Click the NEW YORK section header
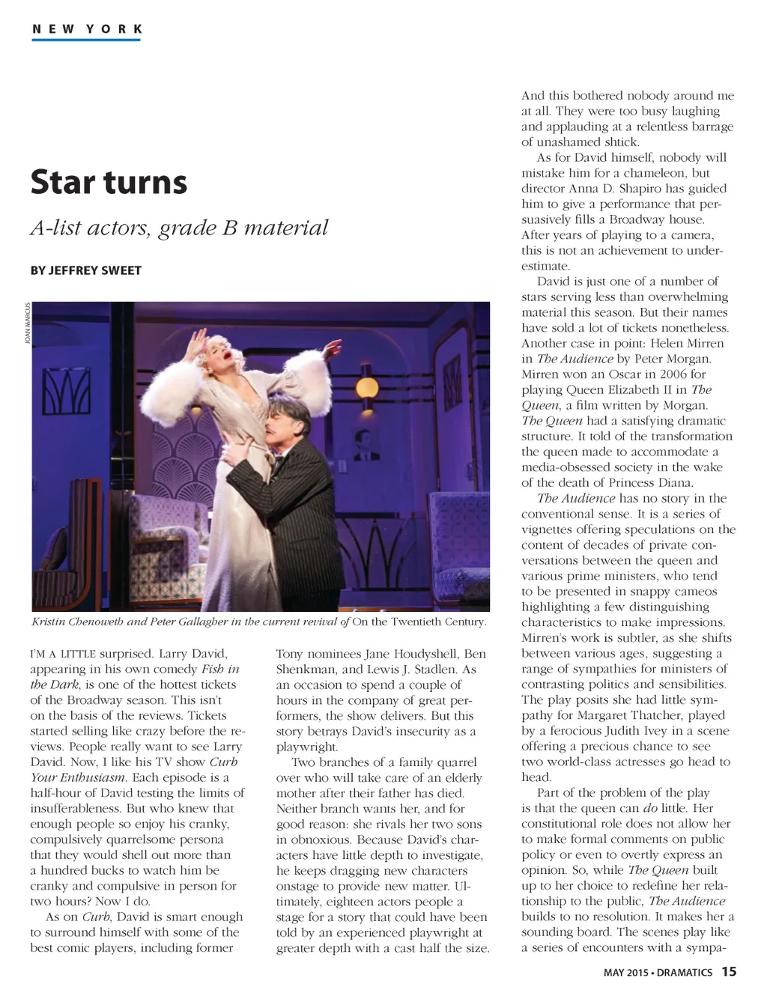point(87,29)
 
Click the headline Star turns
point(109,182)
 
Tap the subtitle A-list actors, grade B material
point(179,228)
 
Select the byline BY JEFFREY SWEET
point(85,270)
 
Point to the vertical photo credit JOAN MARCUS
point(28,324)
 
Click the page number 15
point(729,971)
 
